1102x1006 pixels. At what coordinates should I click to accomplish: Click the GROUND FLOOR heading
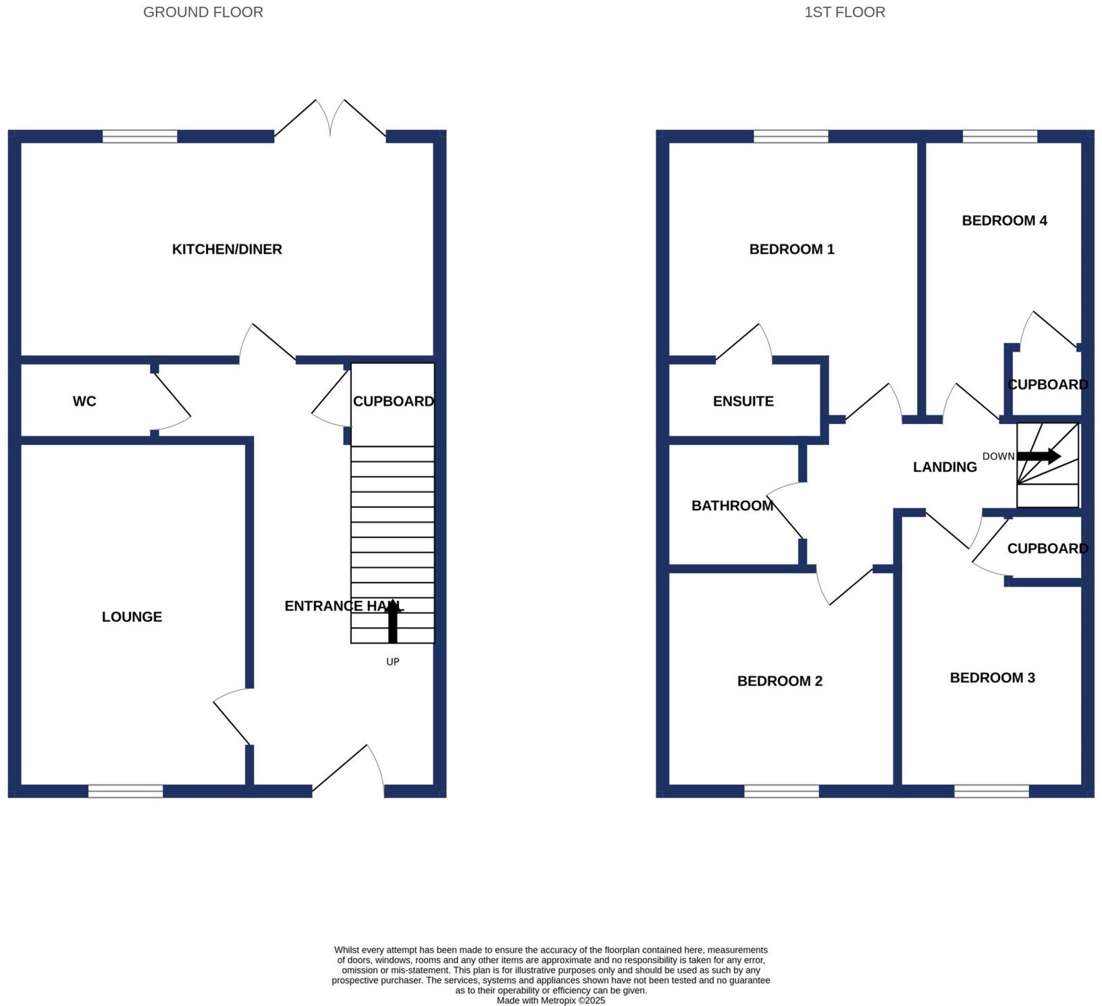click(203, 12)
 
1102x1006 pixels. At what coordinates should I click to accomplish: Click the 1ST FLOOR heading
click(844, 12)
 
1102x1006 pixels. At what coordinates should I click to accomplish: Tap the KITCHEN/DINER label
click(227, 249)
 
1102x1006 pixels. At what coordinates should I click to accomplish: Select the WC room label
click(84, 401)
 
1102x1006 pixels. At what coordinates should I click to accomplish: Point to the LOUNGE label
click(132, 616)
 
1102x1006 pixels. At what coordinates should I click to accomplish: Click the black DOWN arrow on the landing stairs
click(1039, 456)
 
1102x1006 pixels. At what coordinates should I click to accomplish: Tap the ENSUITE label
click(743, 401)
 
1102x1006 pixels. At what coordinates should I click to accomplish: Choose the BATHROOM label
click(732, 505)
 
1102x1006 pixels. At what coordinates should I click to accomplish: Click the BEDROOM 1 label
click(791, 249)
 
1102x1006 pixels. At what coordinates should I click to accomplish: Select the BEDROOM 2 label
click(779, 681)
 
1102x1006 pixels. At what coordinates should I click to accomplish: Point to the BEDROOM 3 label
click(992, 677)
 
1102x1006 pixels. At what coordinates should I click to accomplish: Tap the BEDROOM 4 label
click(1004, 220)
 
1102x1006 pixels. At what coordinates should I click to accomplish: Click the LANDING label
click(945, 467)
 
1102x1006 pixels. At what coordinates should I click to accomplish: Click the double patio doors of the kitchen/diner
click(330, 122)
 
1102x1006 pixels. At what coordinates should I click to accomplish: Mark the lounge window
click(126, 791)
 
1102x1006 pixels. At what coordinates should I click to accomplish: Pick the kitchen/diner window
click(140, 136)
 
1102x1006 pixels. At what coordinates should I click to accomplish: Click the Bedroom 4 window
click(999, 136)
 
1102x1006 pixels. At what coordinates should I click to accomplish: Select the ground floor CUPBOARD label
click(393, 401)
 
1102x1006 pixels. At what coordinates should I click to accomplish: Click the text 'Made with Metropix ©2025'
click(550, 1001)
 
